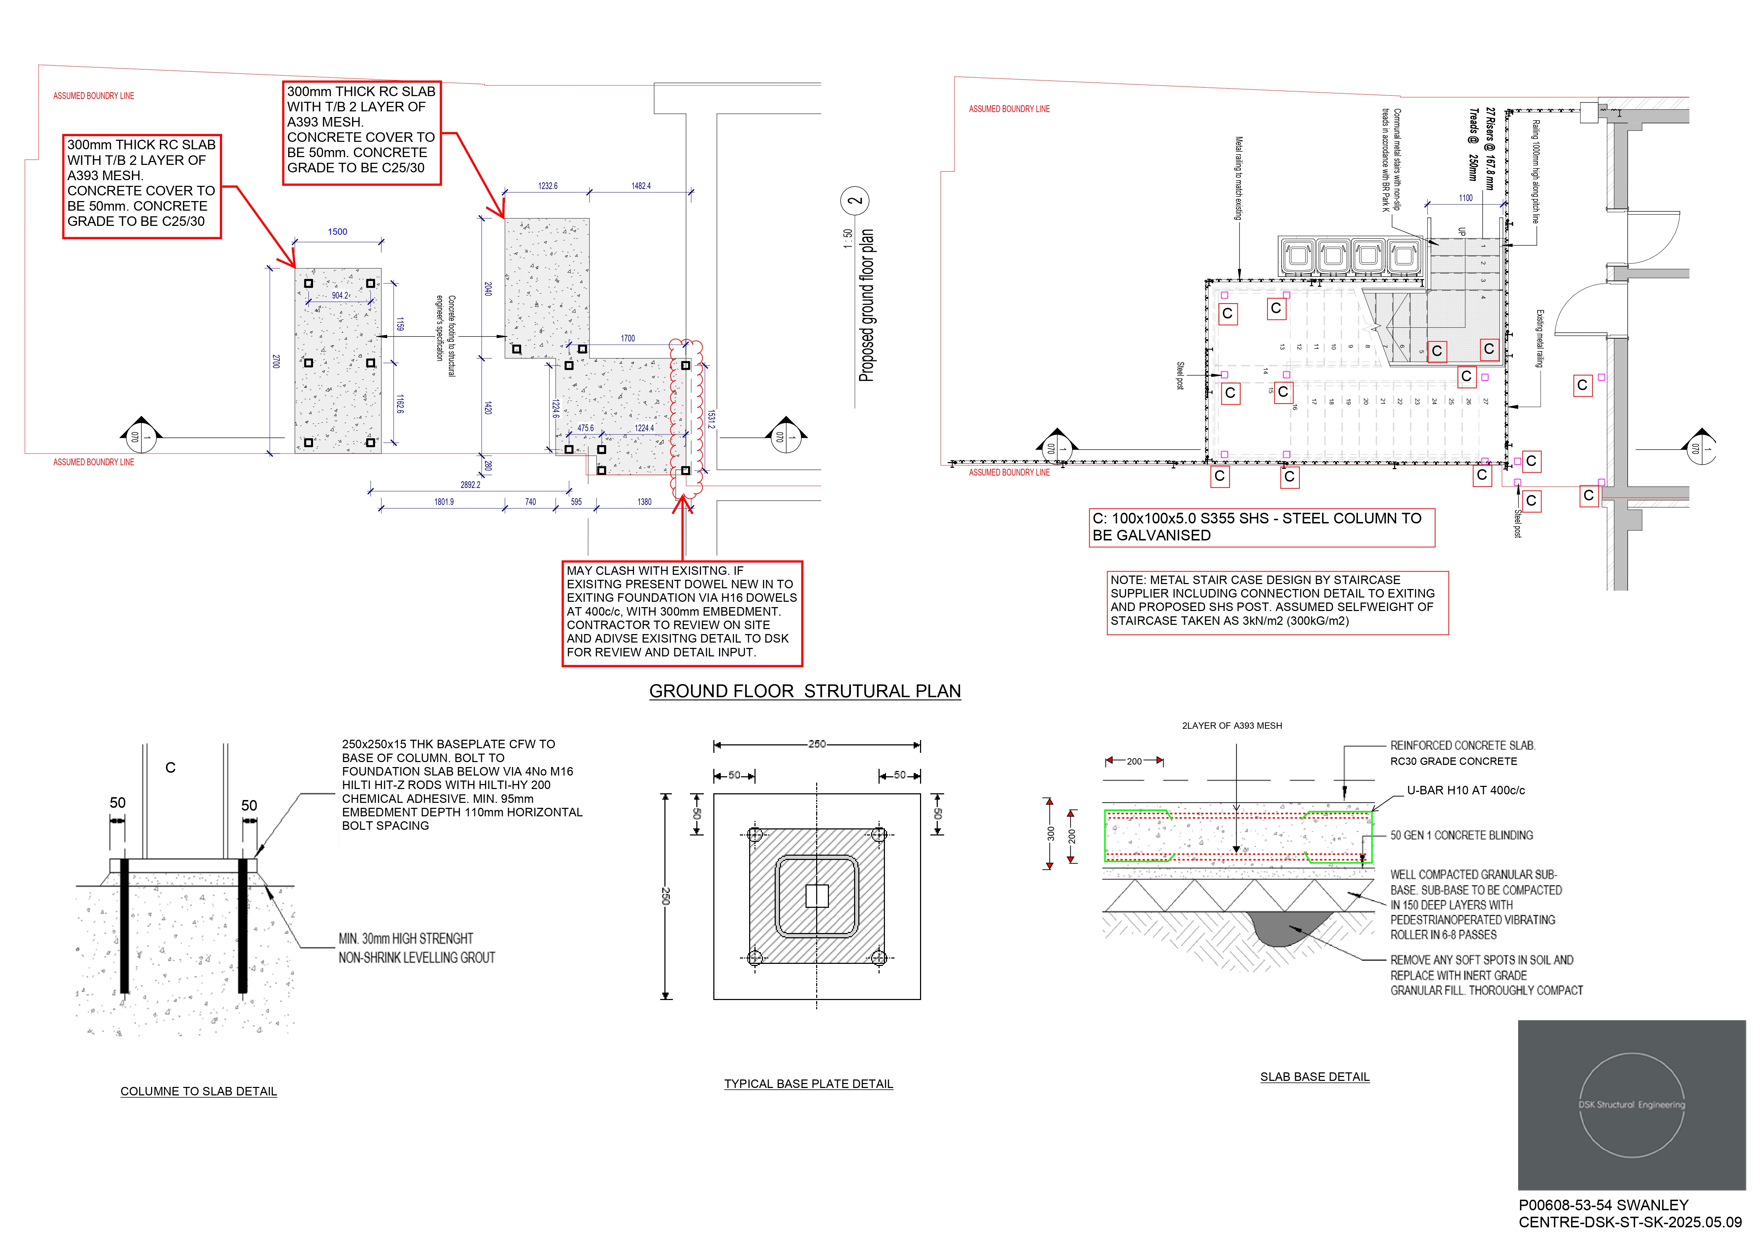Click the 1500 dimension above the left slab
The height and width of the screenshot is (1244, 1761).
tap(338, 232)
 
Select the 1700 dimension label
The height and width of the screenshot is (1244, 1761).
tap(628, 338)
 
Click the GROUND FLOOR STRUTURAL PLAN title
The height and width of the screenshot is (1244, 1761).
tap(804, 691)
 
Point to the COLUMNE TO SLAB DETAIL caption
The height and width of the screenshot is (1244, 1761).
tap(199, 1092)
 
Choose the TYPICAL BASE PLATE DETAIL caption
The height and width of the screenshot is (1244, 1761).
tap(808, 1084)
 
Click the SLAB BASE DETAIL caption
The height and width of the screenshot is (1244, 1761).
tap(1315, 1077)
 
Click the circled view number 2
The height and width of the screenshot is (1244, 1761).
tap(855, 201)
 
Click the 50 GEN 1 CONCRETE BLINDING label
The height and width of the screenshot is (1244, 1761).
tap(1461, 835)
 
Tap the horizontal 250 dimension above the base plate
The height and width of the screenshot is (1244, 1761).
tap(817, 744)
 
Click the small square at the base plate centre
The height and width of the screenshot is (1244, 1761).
tap(817, 896)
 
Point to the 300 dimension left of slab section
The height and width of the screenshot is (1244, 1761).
tap(1051, 834)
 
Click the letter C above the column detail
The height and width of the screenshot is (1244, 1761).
tap(170, 768)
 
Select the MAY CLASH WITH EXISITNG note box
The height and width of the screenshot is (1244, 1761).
tap(682, 613)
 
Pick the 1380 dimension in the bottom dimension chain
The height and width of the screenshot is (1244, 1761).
tap(644, 502)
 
